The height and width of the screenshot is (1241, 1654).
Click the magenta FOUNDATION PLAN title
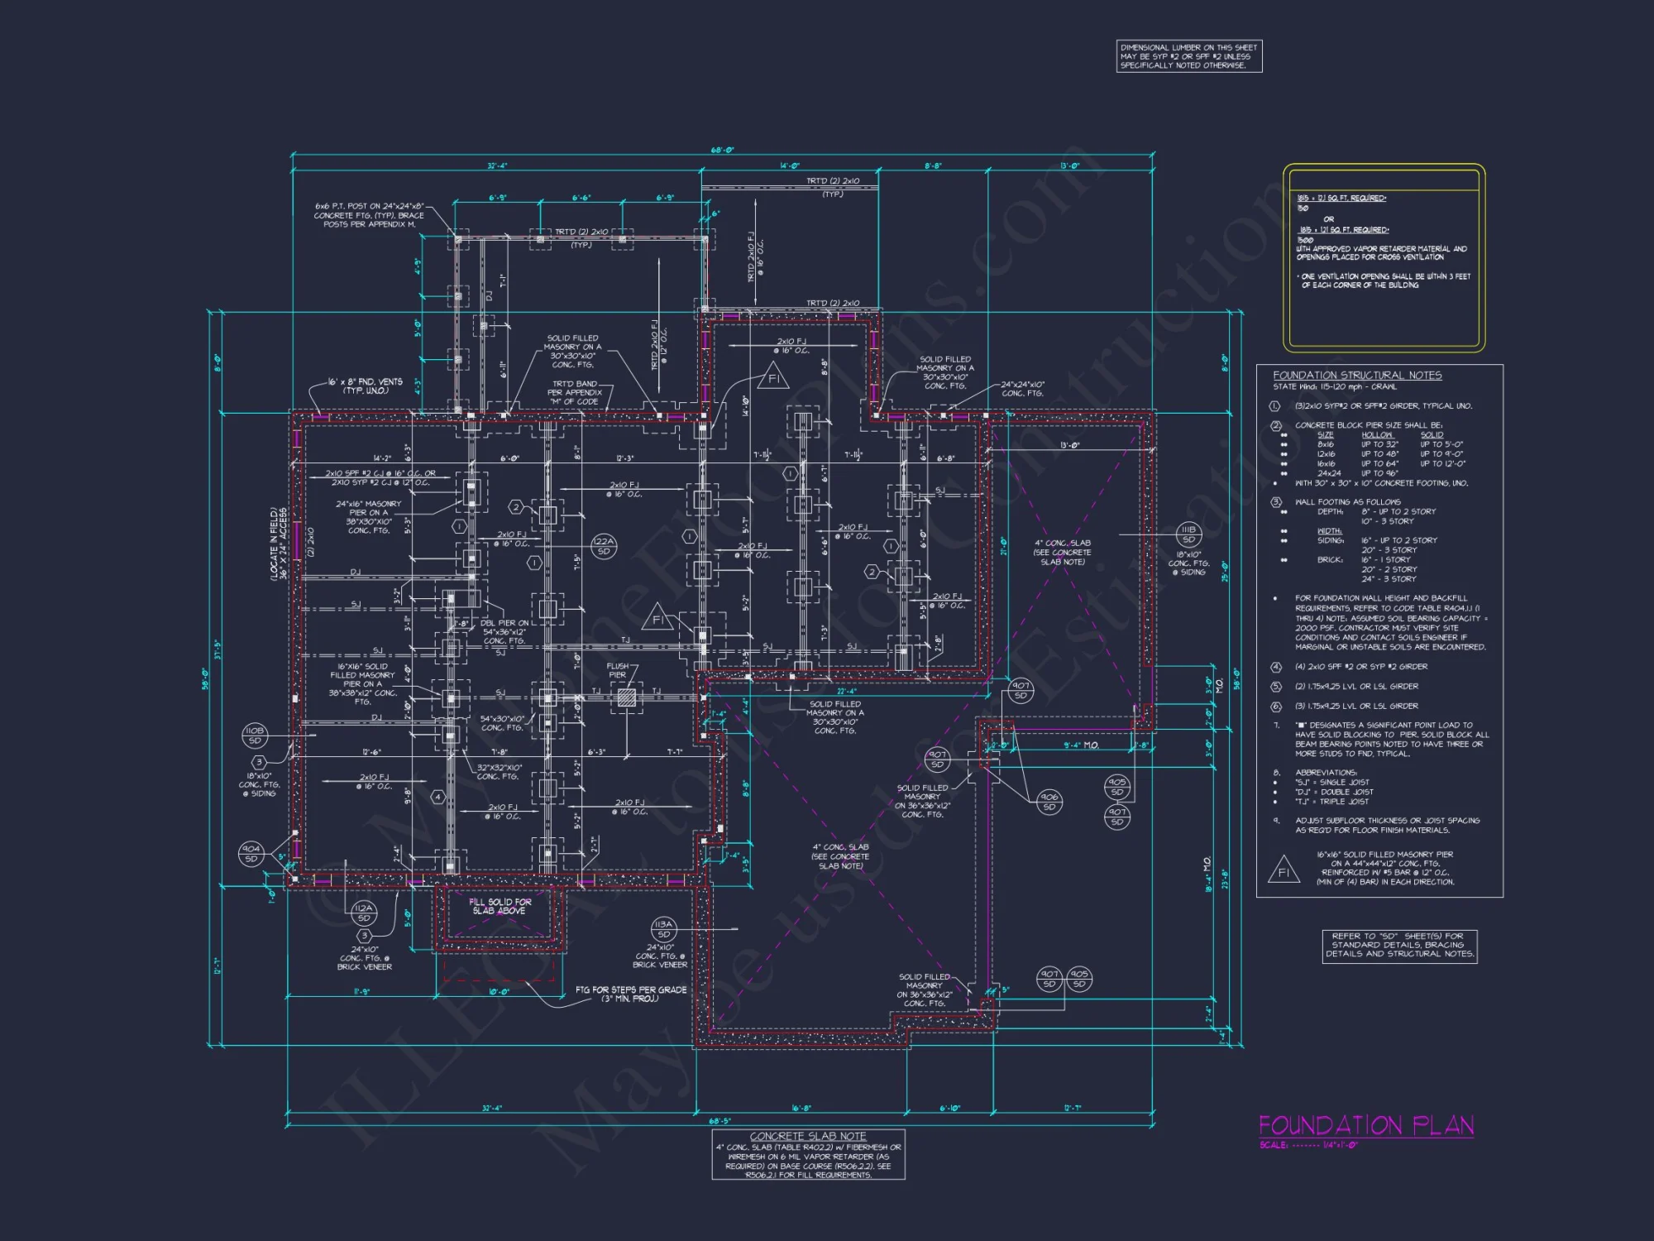pos(1365,1125)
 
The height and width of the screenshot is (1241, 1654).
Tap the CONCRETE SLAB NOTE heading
pos(808,1137)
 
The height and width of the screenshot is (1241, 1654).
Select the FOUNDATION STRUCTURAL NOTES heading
pos(1356,376)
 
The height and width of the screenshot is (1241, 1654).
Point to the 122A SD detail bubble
pos(604,546)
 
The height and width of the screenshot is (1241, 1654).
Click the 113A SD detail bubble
pos(663,929)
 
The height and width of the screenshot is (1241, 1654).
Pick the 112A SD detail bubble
pos(364,913)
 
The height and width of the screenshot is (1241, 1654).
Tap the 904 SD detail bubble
pos(251,853)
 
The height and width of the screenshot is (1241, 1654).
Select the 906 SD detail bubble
pos(1049,802)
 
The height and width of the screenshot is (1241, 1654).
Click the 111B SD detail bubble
pos(1188,534)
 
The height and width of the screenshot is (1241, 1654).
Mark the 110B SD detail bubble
pos(255,735)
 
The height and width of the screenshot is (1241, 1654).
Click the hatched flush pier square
pos(627,697)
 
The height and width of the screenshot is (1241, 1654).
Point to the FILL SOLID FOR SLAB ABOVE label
pos(500,906)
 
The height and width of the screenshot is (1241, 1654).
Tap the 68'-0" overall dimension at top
pos(722,151)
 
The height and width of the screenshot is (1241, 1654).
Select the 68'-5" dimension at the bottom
pos(720,1121)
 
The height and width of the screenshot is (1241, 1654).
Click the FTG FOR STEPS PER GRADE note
pos(630,994)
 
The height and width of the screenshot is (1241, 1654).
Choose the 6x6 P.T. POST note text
pos(369,215)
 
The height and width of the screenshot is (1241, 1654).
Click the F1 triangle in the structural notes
pos(1283,871)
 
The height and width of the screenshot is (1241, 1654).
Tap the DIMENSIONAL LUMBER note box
pos(1188,56)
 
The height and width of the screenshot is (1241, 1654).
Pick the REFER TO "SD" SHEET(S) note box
pos(1399,945)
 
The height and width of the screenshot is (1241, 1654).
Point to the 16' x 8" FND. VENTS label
pos(366,386)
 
